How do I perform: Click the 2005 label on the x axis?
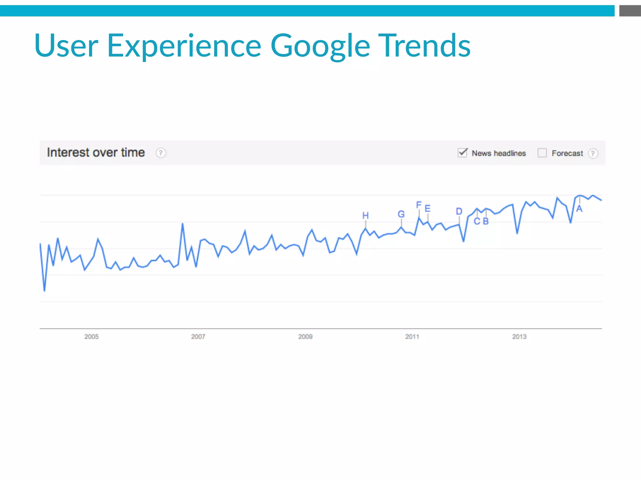click(x=91, y=337)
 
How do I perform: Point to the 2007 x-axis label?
click(x=198, y=337)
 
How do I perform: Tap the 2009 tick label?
click(x=305, y=337)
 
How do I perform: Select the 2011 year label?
click(x=412, y=337)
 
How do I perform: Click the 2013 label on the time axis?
click(x=519, y=337)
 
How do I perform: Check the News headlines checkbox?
click(x=462, y=153)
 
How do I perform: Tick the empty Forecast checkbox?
click(x=542, y=153)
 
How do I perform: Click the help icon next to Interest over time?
click(x=161, y=153)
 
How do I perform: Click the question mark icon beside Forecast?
click(x=593, y=153)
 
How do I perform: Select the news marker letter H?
click(x=365, y=215)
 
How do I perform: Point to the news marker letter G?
click(x=401, y=214)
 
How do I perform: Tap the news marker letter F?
click(x=419, y=205)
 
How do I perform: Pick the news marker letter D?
click(x=459, y=211)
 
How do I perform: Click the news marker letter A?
click(x=579, y=209)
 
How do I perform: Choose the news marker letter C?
click(x=477, y=221)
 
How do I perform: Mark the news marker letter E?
click(x=428, y=208)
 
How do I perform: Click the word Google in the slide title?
click(x=320, y=46)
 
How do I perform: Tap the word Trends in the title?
click(x=424, y=46)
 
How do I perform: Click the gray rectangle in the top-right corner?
click(x=630, y=11)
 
